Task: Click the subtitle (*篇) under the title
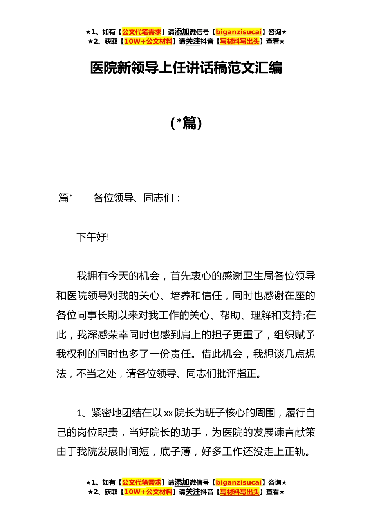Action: [x=186, y=124]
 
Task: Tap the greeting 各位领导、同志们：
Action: [x=137, y=198]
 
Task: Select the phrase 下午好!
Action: [x=93, y=237]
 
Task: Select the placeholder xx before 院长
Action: [x=168, y=413]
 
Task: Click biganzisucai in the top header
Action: [x=238, y=32]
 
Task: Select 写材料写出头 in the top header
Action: [x=240, y=42]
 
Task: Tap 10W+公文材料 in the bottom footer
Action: [x=148, y=492]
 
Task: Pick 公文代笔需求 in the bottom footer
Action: [x=142, y=482]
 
